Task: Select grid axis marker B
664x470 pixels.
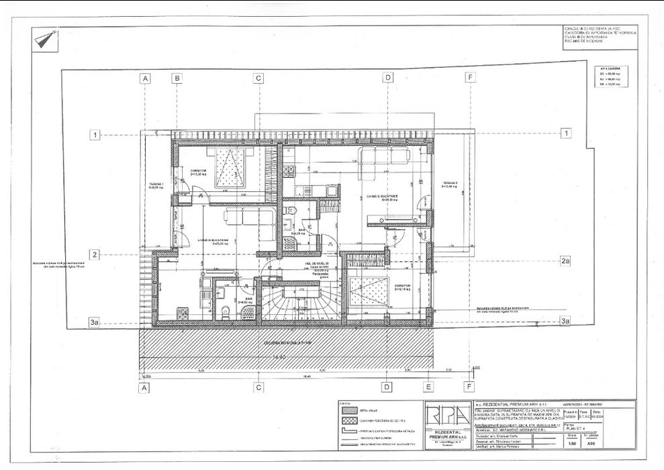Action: (177, 78)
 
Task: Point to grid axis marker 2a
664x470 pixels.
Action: (565, 261)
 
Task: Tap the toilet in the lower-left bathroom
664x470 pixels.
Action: (226, 311)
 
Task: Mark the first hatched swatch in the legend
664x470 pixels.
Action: (348, 410)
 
